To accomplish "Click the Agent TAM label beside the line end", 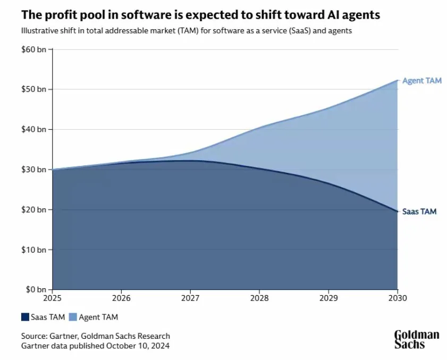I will [421, 81].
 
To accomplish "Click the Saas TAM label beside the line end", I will [419, 212].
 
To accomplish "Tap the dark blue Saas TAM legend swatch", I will [25, 317].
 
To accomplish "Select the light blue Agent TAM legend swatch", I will [74, 317].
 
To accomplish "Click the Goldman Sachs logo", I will [417, 339].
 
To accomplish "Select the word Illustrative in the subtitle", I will [40, 31].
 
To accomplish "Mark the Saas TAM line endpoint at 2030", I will [397, 212].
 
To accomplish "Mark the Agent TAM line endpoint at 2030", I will [397, 80].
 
